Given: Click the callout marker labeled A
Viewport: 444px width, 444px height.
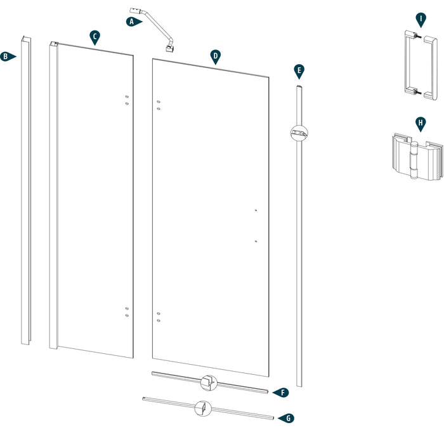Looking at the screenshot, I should click(x=132, y=22).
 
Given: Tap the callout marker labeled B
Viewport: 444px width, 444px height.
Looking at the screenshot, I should click(x=6, y=56).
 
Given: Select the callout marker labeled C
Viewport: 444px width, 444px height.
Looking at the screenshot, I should click(x=95, y=37).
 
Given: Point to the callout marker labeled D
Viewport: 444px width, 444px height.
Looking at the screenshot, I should click(x=216, y=56).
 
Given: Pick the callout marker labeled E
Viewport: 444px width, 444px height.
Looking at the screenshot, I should click(x=299, y=70).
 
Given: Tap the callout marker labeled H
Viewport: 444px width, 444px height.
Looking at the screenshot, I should click(x=419, y=122).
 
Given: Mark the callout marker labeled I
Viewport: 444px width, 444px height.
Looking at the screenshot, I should click(x=419, y=18).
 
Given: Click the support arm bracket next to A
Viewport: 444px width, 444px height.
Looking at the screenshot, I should click(x=153, y=29).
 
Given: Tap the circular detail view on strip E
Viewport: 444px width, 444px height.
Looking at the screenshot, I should click(x=298, y=133).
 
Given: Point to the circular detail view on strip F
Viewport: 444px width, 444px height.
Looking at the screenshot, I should click(x=207, y=382).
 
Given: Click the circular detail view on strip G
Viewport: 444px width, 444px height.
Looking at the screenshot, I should click(x=203, y=409).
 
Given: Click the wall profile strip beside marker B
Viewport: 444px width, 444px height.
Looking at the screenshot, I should click(x=25, y=190).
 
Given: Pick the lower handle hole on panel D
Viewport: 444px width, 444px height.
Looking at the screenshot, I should click(x=255, y=241).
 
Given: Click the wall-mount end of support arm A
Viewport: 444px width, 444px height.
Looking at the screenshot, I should click(x=135, y=11).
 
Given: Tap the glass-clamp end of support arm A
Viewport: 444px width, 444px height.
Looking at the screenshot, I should click(x=170, y=48).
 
